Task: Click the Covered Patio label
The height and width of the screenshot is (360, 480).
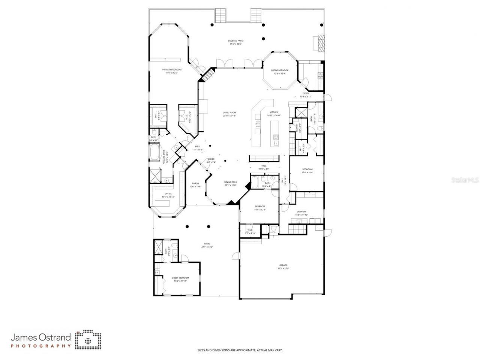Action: (x=235, y=40)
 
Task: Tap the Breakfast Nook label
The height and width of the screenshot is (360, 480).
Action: (x=279, y=70)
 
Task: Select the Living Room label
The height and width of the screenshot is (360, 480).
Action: (x=229, y=112)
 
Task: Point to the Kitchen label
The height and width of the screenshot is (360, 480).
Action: (x=274, y=112)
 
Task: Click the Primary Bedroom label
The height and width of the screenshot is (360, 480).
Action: (x=172, y=69)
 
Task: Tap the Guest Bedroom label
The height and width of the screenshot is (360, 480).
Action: (x=180, y=277)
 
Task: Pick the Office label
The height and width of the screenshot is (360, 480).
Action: (x=168, y=193)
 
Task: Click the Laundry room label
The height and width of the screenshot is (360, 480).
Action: (x=301, y=211)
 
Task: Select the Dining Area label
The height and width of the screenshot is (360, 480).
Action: (x=231, y=182)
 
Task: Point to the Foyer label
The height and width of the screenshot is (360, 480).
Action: (x=211, y=159)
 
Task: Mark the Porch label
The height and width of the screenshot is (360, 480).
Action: (x=195, y=183)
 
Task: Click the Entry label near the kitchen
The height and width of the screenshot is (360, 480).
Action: (x=306, y=93)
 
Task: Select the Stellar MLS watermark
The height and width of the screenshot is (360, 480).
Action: (x=465, y=180)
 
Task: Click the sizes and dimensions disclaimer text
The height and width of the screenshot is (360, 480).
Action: (x=240, y=350)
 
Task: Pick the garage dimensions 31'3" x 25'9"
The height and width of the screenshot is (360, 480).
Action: (x=283, y=268)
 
